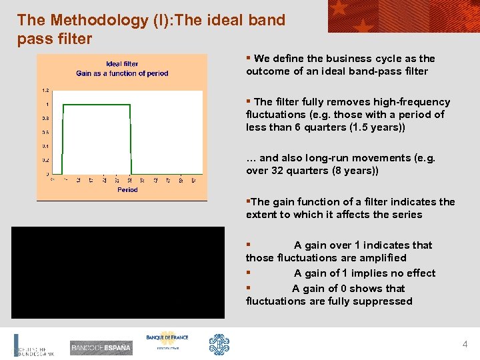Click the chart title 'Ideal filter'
coord(122,64)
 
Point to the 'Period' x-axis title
coord(127,190)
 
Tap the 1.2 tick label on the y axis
coord(45,90)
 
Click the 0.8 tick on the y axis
coord(45,118)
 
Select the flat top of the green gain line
coord(97,105)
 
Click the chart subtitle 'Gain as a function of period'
coord(122,73)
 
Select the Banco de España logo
coord(101,347)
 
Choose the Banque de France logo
coord(167,341)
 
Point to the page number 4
coord(465,345)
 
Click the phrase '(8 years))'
coord(354,171)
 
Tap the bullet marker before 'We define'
coord(249,58)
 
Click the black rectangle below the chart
coord(117,272)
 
